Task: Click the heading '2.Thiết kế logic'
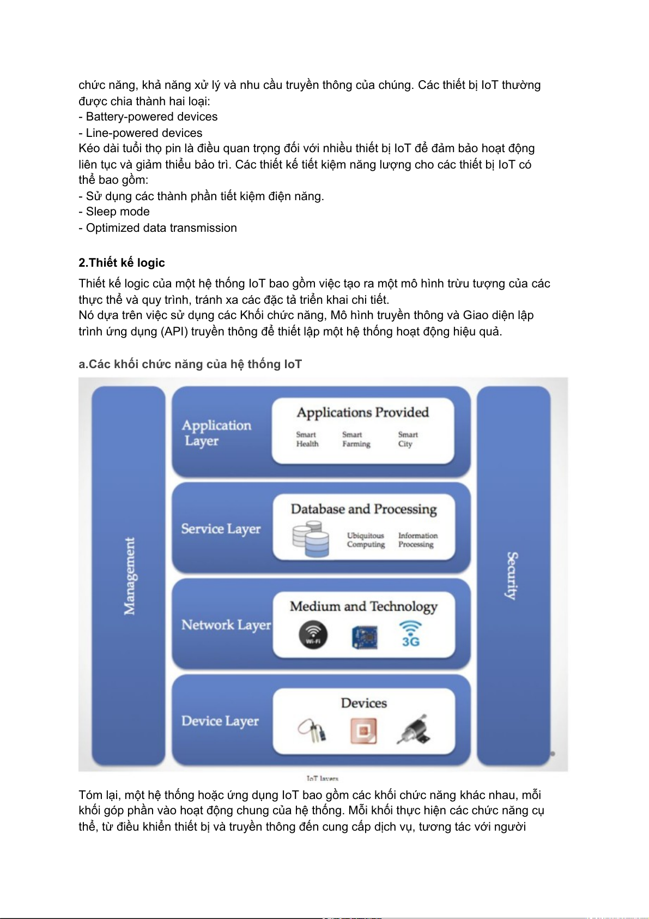click(x=122, y=262)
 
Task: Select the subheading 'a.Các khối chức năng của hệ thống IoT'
click(x=190, y=364)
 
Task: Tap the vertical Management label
click(x=129, y=576)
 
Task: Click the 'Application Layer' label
click(x=217, y=433)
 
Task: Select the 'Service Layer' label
click(x=221, y=528)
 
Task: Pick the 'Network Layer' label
click(x=226, y=624)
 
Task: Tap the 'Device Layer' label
click(x=220, y=721)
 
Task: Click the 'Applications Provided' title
click(x=363, y=412)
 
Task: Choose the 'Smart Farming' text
click(x=356, y=439)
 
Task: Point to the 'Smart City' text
click(x=408, y=439)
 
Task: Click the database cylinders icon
click(x=311, y=539)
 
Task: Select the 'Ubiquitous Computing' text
click(x=366, y=540)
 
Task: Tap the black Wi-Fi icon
click(x=313, y=635)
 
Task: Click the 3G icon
click(x=410, y=634)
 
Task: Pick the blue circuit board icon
click(x=365, y=637)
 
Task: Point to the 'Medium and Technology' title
click(x=363, y=606)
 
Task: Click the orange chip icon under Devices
click(x=363, y=731)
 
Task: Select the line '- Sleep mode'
click(x=114, y=212)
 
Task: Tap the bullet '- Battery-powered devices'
click(x=148, y=117)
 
